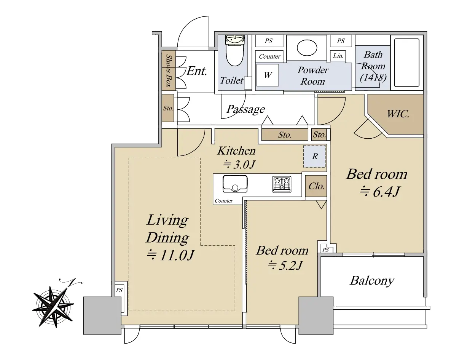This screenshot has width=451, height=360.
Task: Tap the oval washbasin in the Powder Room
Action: point(307,48)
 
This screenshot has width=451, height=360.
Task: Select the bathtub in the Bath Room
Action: point(406,62)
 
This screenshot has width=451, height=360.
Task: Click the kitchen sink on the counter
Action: point(235,184)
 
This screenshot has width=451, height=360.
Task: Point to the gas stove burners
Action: point(282,184)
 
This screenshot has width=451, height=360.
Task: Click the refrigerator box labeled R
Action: point(315,157)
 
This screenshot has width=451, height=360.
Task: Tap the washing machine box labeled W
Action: point(268,75)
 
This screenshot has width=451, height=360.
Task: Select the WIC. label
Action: point(398,114)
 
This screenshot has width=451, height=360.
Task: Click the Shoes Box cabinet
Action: point(168,70)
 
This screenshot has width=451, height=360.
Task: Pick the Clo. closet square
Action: point(316,186)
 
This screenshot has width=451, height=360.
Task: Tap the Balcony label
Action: point(372,280)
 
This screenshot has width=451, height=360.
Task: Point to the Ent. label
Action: point(197,71)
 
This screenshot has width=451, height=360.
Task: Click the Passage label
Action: point(245,109)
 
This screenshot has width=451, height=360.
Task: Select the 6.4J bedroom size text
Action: point(380,191)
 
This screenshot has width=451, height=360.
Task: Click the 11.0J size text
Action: point(171,254)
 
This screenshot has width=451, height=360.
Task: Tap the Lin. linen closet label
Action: point(338,56)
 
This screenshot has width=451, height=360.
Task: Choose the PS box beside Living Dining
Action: point(120,290)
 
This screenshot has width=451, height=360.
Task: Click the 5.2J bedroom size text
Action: point(285,265)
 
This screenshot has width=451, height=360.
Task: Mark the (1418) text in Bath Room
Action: point(373,77)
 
